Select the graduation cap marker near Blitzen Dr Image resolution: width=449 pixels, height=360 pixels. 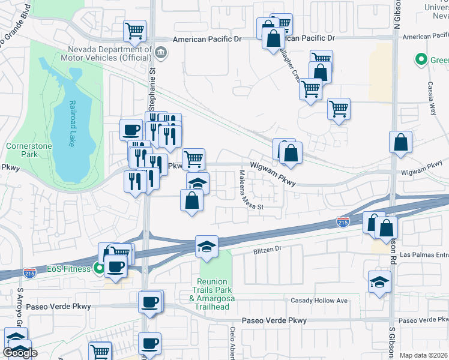click(206, 246)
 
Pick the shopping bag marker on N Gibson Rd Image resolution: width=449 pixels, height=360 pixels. click(400, 142)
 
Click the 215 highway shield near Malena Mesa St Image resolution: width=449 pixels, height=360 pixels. click(343, 223)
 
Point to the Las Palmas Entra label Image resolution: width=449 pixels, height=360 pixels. click(424, 254)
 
